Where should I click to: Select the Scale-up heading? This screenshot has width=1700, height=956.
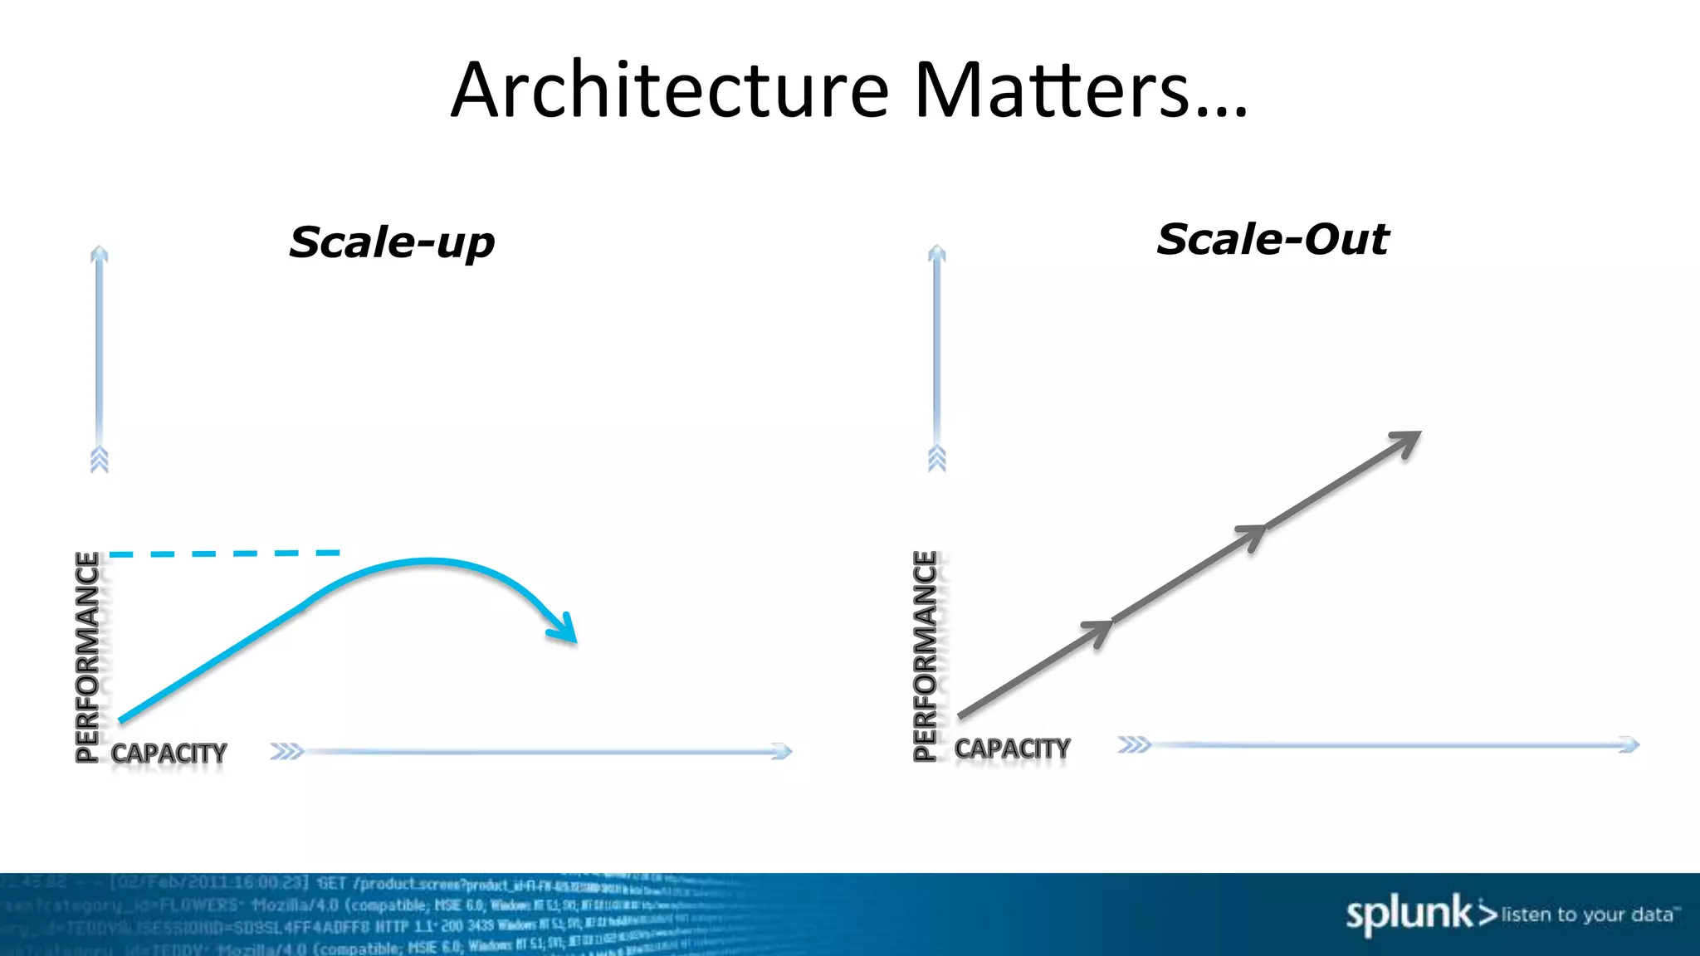tap(392, 242)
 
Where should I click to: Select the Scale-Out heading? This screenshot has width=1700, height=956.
tap(1273, 239)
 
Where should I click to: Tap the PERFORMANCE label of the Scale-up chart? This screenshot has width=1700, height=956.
tap(87, 656)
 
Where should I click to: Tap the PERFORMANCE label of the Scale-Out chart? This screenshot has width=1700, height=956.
tap(925, 656)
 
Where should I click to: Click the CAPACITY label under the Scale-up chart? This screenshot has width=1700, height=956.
tap(169, 754)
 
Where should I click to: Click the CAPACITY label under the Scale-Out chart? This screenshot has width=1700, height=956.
tap(1012, 749)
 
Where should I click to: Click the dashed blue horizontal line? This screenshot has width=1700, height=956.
tap(224, 553)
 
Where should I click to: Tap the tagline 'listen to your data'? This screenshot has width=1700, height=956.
tap(1587, 915)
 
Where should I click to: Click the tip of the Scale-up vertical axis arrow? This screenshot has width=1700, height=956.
tap(100, 250)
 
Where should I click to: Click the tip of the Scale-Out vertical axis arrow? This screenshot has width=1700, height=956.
tap(937, 249)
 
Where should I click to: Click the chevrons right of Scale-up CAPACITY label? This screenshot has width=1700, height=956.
tap(287, 752)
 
